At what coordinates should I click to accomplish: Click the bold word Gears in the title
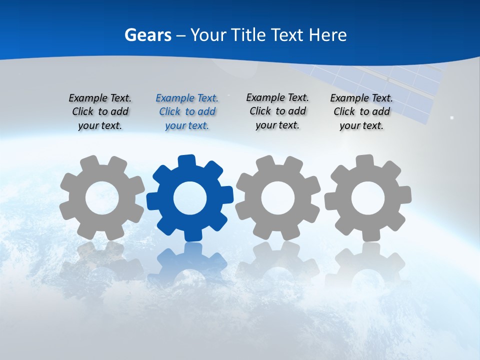coord(147,35)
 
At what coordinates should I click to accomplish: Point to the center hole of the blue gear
coord(190,198)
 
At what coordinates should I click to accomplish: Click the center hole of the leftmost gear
coord(102,198)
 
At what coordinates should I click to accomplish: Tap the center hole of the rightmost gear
coord(368,198)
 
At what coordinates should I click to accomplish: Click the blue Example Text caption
coord(187,112)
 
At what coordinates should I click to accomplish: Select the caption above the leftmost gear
coord(100,112)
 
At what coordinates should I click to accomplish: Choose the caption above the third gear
coord(277,111)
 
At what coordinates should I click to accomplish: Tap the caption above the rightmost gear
coord(361,112)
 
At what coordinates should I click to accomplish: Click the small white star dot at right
coord(452,118)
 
